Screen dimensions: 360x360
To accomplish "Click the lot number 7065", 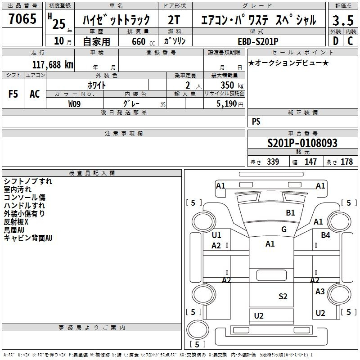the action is (x=22, y=19).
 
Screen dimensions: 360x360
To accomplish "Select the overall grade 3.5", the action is (x=343, y=20).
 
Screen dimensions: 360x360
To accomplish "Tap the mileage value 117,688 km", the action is (x=53, y=64).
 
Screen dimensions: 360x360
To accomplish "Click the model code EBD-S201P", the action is (x=258, y=41).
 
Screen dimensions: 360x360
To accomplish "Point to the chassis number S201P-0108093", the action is (x=302, y=143).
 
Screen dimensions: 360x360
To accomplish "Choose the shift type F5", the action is (x=13, y=94).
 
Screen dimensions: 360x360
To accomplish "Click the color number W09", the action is (x=74, y=104).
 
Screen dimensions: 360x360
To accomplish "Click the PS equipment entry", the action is (x=256, y=121).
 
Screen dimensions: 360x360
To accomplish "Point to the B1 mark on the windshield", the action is (x=290, y=212).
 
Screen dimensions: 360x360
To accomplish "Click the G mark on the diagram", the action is (x=284, y=229).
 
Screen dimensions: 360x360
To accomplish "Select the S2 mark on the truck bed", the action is (x=283, y=297).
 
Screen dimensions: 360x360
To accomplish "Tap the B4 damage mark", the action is (x=325, y=235).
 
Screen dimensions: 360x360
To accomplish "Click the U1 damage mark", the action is (x=216, y=235).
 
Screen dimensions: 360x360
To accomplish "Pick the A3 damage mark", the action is (x=320, y=292).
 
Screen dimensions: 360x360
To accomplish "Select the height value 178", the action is (x=346, y=162).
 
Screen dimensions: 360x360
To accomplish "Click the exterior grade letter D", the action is (x=336, y=41).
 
